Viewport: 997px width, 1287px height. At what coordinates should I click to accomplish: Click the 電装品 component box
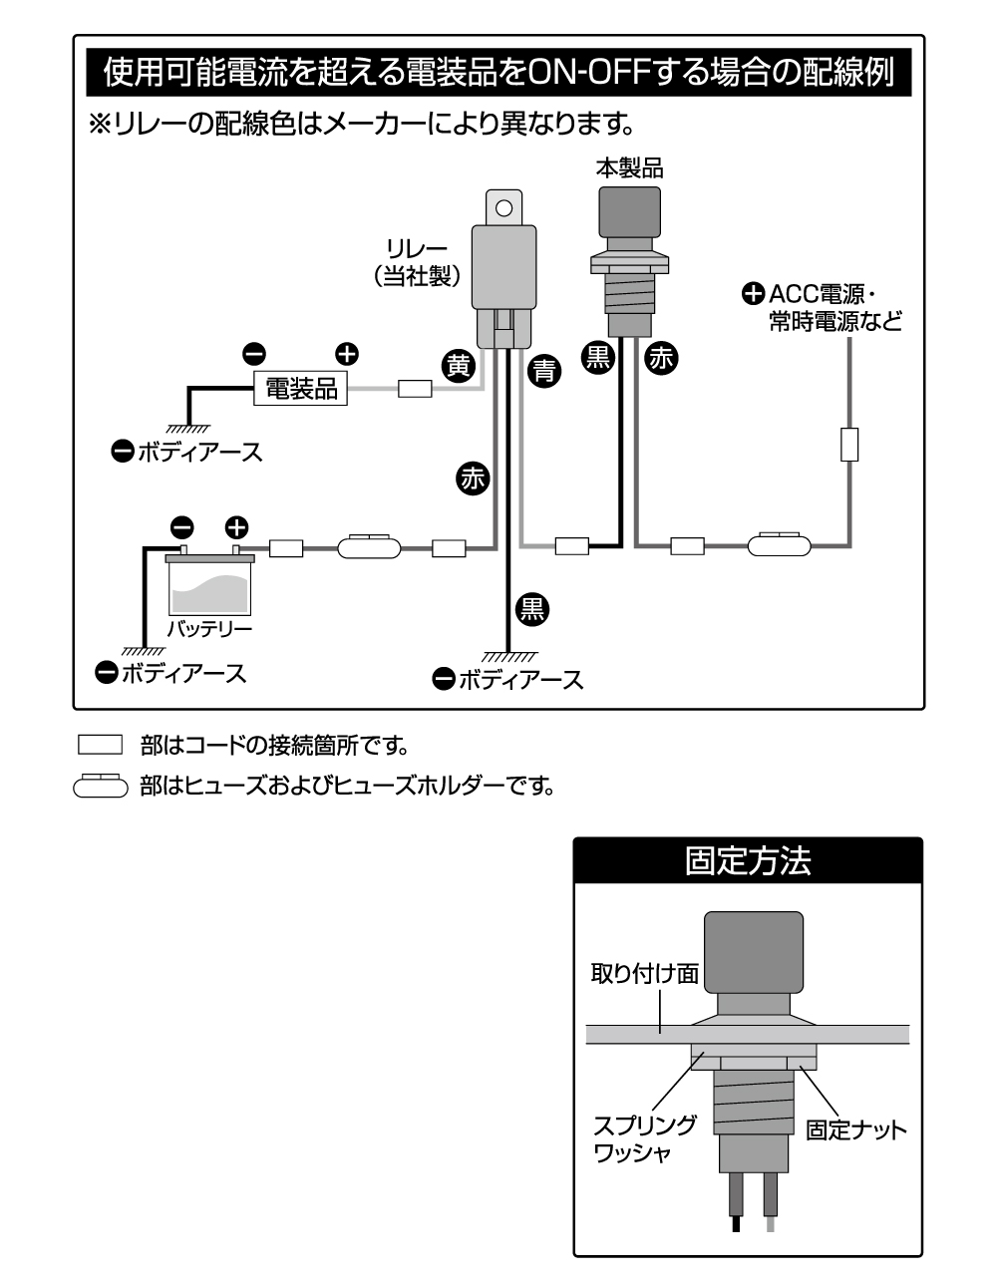[x=300, y=389]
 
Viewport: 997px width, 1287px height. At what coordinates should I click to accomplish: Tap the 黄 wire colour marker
[x=458, y=366]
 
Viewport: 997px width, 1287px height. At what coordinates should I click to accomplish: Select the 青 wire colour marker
[x=543, y=372]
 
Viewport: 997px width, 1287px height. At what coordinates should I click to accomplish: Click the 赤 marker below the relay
[x=472, y=479]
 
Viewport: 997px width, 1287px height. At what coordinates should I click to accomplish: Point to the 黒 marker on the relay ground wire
[x=532, y=607]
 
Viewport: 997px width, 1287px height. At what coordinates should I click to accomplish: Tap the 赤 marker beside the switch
[x=660, y=358]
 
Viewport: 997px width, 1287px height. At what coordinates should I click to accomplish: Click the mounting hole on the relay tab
[x=503, y=208]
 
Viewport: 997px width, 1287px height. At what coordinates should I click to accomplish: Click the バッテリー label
[x=209, y=630]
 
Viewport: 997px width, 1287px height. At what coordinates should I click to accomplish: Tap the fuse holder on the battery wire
[x=368, y=546]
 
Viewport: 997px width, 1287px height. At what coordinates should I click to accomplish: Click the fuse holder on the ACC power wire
[x=779, y=544]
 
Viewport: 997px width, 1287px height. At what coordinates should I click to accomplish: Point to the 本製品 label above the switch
[x=629, y=167]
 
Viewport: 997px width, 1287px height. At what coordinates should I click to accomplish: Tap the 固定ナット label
[x=855, y=1130]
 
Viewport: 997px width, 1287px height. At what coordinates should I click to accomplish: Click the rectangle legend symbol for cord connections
[x=99, y=744]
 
